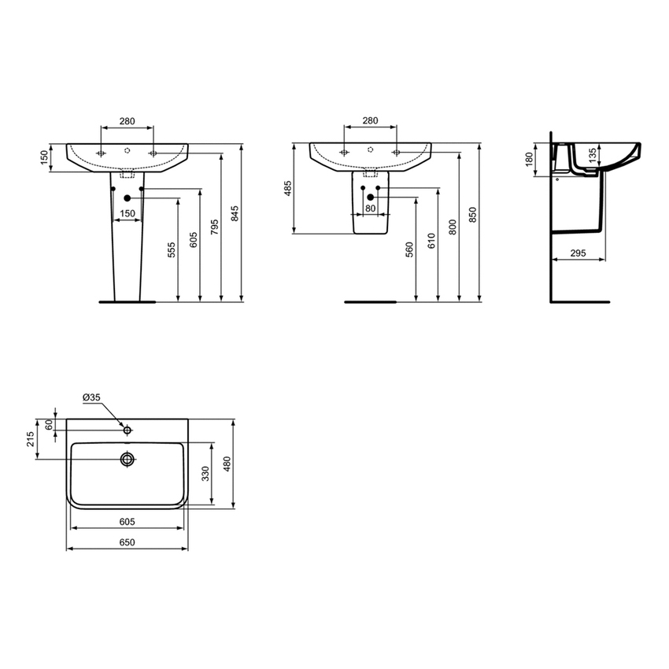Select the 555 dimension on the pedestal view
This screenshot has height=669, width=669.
pyautogui.click(x=172, y=250)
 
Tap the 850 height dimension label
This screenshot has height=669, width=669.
pyautogui.click(x=472, y=214)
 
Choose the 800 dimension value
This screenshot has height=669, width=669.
pyautogui.click(x=452, y=226)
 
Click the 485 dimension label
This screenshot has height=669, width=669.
pyautogui.click(x=288, y=189)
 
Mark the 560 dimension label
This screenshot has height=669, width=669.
pyautogui.click(x=410, y=250)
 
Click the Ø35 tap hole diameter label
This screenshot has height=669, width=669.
pyautogui.click(x=91, y=399)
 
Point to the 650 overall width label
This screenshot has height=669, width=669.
pyautogui.click(x=128, y=541)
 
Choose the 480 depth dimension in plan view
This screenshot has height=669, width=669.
pyautogui.click(x=227, y=465)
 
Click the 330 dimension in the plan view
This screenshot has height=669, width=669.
pyautogui.click(x=206, y=473)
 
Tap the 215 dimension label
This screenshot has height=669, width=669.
pyautogui.click(x=30, y=439)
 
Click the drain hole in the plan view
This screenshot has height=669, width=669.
pyautogui.click(x=128, y=458)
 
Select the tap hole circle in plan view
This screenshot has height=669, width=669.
pyautogui.click(x=126, y=430)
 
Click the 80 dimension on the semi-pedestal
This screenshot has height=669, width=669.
pyautogui.click(x=370, y=209)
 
